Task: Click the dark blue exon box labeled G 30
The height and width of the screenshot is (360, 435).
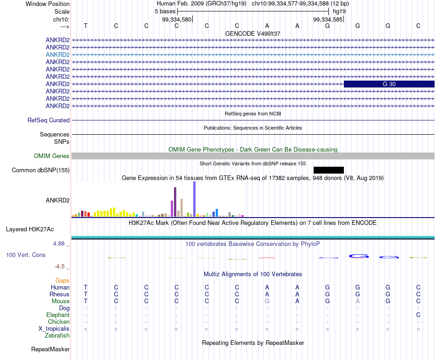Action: click(389, 84)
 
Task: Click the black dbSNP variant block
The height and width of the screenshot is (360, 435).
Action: click(329, 170)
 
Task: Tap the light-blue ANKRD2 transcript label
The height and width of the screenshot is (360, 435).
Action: click(58, 55)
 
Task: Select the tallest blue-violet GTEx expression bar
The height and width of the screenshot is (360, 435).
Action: click(195, 199)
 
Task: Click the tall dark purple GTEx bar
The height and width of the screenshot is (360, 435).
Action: click(175, 202)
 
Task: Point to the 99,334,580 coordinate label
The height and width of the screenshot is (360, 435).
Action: click(177, 19)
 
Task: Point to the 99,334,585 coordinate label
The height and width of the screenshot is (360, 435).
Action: click(328, 19)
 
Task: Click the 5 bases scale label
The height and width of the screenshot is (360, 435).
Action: click(165, 11)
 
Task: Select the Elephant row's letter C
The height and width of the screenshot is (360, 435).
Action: click(418, 315)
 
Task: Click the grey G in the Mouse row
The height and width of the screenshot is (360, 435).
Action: click(267, 301)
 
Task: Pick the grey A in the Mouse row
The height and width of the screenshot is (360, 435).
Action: click(358, 301)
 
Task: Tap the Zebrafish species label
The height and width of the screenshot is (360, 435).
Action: click(57, 336)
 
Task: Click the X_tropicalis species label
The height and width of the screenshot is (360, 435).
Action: click(54, 329)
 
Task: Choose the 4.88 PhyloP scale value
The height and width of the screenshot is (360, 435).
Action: click(59, 244)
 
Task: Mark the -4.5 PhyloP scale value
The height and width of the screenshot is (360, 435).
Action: click(60, 267)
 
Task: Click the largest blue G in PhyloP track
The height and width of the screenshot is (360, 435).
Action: click(359, 256)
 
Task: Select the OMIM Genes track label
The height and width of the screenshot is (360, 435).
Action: click(52, 156)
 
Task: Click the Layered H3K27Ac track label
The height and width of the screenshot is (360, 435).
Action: click(30, 229)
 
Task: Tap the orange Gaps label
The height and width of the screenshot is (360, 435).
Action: click(62, 281)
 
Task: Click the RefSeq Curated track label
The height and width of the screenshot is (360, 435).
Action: click(49, 120)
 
